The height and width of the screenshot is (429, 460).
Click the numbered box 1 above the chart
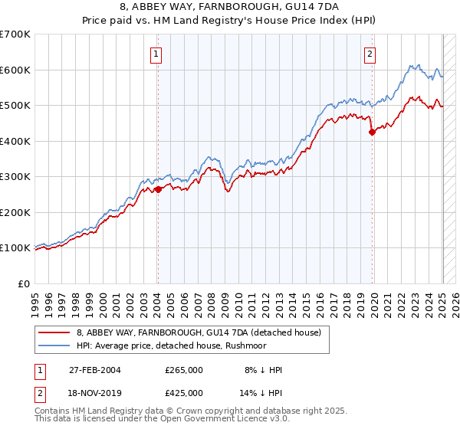pyautogui.click(x=156, y=54)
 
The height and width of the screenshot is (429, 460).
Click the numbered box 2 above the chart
pyautogui.click(x=370, y=54)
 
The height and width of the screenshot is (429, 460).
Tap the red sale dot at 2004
pyautogui.click(x=158, y=189)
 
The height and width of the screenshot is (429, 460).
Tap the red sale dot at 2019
pyautogui.click(x=373, y=132)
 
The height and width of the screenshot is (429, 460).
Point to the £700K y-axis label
pyautogui.click(x=15, y=34)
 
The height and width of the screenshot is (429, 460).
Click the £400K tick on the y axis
pyautogui.click(x=15, y=141)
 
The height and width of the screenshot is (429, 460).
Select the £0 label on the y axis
pyautogui.click(x=25, y=283)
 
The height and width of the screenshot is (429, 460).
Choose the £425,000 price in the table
pyautogui.click(x=184, y=392)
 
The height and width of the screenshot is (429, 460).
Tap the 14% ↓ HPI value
pyautogui.click(x=261, y=392)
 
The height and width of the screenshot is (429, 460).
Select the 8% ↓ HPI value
pyautogui.click(x=261, y=370)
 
